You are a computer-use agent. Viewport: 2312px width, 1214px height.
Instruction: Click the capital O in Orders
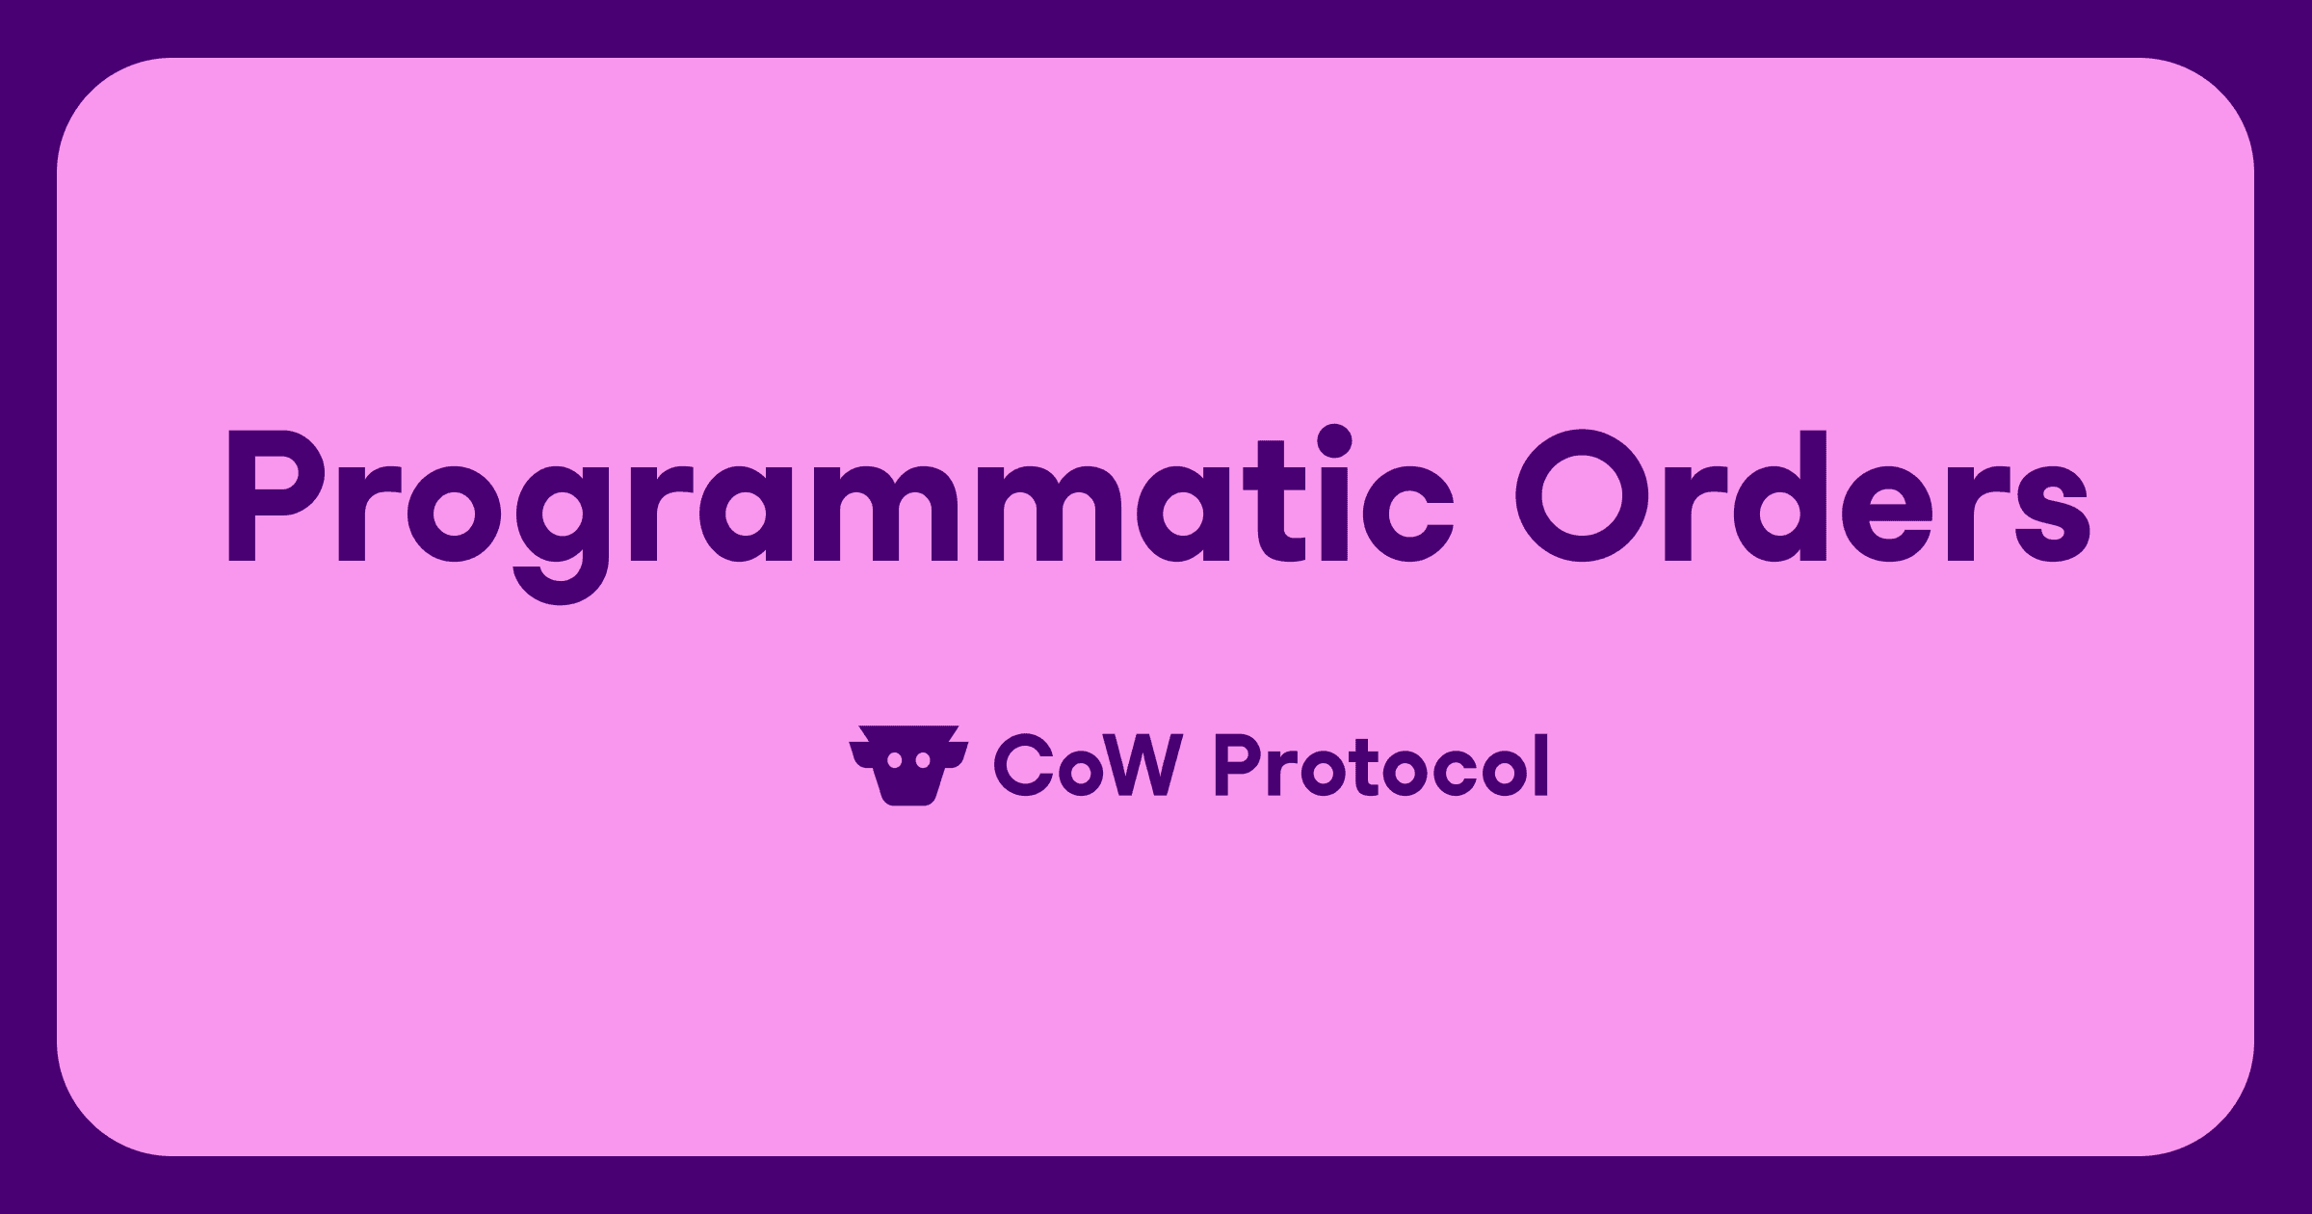pos(1582,496)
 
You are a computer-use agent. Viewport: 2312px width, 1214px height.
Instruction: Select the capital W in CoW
pos(1143,766)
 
